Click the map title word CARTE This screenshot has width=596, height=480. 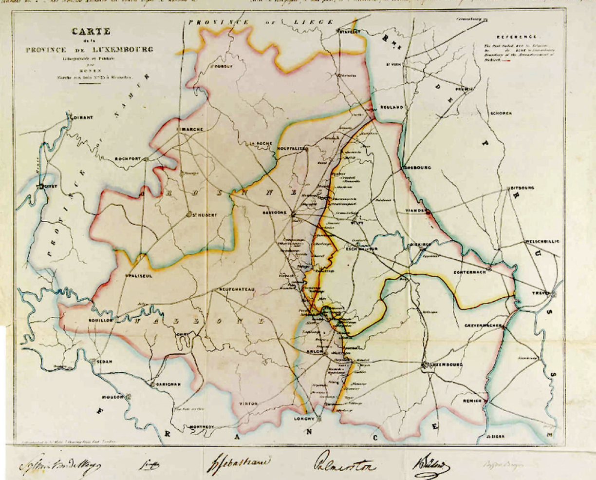point(91,32)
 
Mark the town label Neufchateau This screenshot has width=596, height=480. point(237,289)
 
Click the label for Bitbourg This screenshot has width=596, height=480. point(522,188)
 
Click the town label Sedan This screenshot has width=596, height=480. point(105,362)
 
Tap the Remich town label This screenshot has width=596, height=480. point(472,401)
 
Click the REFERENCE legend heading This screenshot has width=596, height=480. point(517,37)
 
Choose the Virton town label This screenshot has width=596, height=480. point(248,403)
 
